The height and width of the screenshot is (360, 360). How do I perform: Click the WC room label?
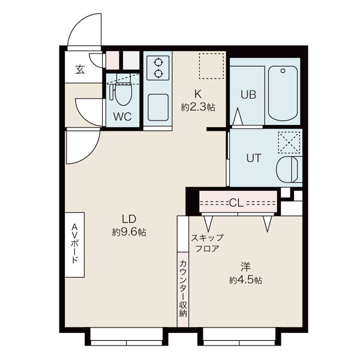coord(122,116)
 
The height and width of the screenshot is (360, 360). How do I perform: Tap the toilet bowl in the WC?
coord(124,94)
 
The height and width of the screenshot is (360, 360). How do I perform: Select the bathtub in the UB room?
coord(283,94)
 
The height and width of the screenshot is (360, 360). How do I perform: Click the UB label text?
coord(248,95)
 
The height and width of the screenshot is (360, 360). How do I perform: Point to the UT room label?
coord(254,158)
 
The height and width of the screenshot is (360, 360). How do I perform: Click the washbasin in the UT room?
coord(289,169)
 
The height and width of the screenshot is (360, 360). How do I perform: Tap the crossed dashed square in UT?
coord(289,142)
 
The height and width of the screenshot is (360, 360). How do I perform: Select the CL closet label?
coord(236,203)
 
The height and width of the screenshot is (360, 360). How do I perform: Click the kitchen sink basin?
coord(158,107)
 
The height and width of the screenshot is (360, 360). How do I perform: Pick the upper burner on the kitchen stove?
coord(158,62)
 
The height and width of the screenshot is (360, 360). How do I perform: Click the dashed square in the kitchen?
coord(211,66)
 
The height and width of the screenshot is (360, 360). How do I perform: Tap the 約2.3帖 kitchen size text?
coord(198,107)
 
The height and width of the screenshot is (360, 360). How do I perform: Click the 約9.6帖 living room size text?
coord(129,232)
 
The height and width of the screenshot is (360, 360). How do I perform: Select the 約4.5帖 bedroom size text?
coord(245,280)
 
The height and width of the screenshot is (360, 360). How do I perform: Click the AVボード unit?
coord(74,245)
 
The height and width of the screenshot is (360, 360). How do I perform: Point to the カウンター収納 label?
coord(183,289)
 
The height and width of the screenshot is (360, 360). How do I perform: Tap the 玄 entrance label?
coord(80,70)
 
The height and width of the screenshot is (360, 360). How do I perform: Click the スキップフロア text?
coord(207,243)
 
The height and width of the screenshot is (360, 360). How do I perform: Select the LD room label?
coord(129,219)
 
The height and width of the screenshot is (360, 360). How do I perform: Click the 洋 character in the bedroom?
coord(245,267)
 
